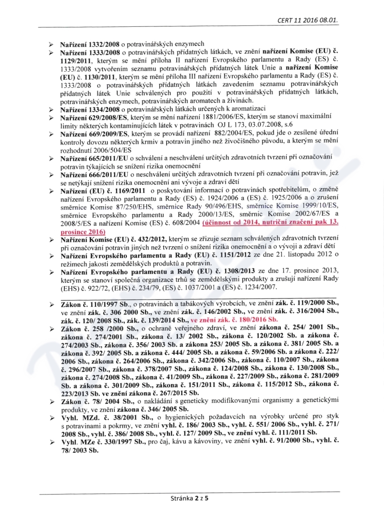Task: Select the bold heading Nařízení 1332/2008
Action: (90, 43)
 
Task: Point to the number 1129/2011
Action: (79, 61)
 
